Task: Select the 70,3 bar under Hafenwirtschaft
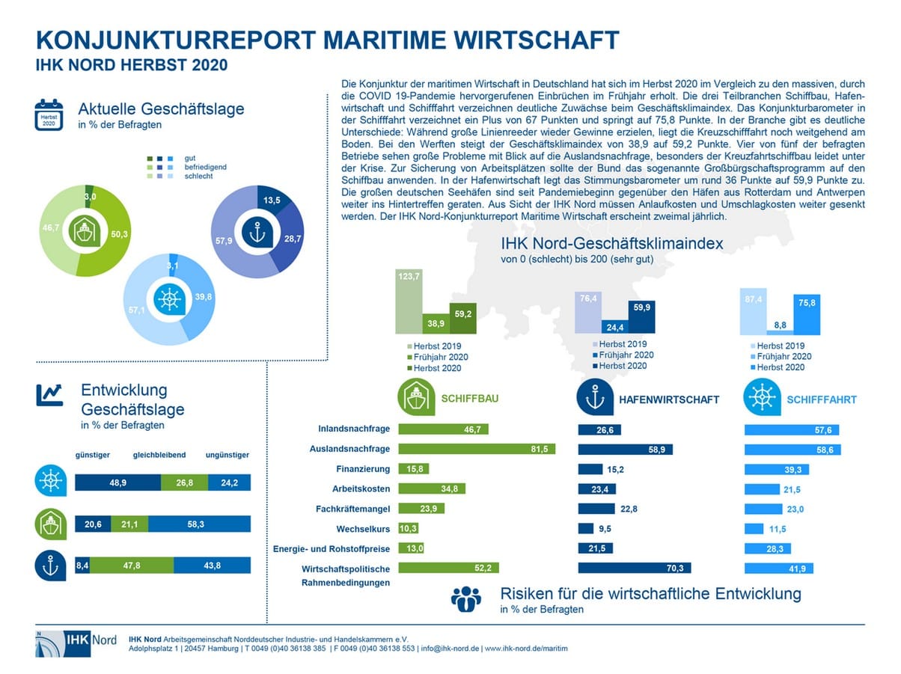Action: (636, 568)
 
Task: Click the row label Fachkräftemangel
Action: (356, 509)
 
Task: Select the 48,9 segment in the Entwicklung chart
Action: (117, 483)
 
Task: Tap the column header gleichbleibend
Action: (159, 455)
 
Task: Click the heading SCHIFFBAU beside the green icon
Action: (470, 399)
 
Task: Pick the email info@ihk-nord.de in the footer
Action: (449, 648)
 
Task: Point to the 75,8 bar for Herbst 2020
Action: (807, 315)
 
